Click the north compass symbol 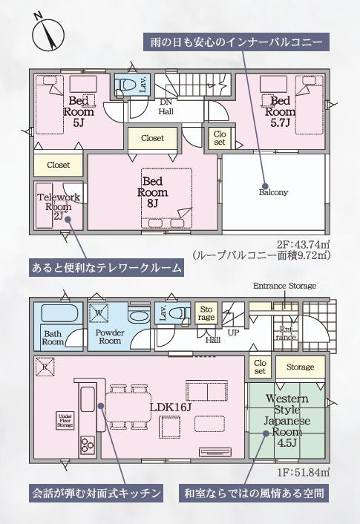pyautogui.click(x=45, y=34)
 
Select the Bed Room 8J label pyautogui.click(x=152, y=191)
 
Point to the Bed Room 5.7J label pyautogui.click(x=280, y=106)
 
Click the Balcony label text pyautogui.click(x=273, y=192)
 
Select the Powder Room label pyautogui.click(x=110, y=336)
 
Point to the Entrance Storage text pyautogui.click(x=284, y=286)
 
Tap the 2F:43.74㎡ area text pyautogui.click(x=302, y=242)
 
